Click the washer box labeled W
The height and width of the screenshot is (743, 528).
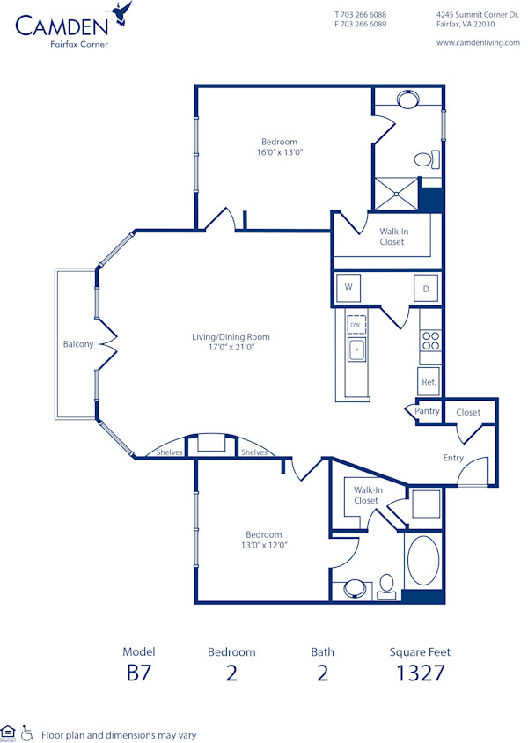point(348,287)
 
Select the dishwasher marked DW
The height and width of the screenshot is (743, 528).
point(356,326)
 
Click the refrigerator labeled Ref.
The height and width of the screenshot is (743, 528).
point(429,382)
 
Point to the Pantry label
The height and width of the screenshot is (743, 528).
point(427,411)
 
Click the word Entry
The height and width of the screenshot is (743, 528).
point(453,458)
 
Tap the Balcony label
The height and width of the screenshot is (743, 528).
point(77,344)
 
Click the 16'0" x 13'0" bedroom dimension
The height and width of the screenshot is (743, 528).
point(279,152)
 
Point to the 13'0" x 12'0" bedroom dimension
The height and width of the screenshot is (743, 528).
point(263,545)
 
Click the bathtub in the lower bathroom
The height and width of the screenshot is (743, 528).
point(422,560)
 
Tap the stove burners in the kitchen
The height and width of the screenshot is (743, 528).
point(429,340)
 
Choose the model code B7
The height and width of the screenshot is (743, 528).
point(139,674)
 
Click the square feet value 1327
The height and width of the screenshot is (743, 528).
point(419,674)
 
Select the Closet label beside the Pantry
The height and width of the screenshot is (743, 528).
point(468,411)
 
